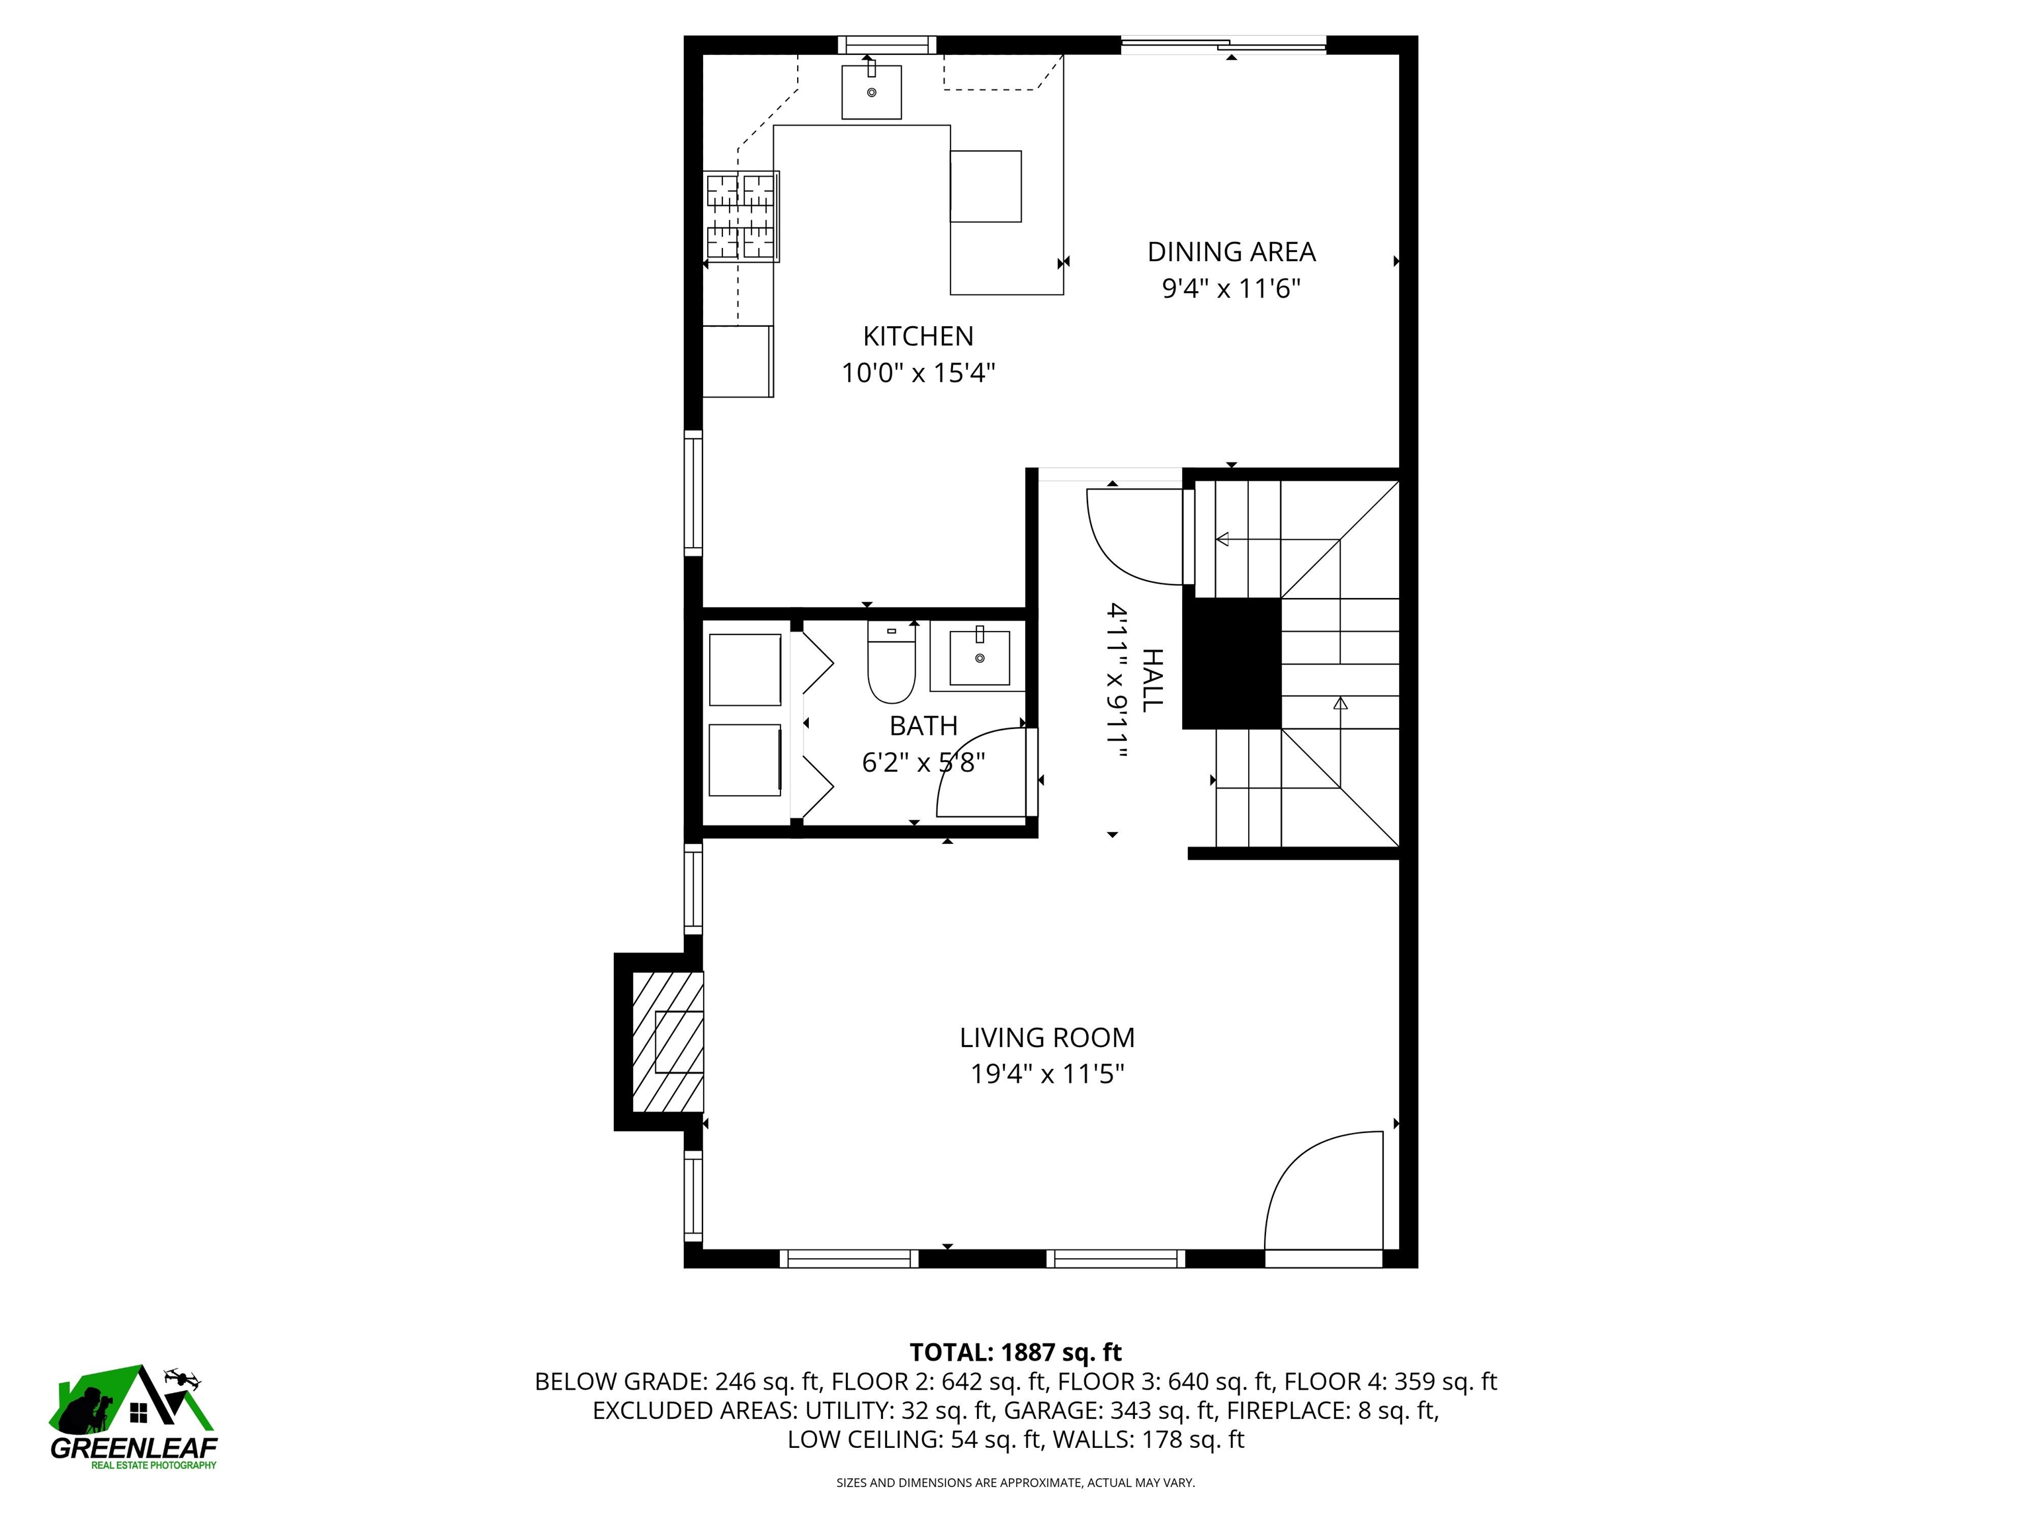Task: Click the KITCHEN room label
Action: [917, 336]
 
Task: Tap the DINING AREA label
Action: [1231, 252]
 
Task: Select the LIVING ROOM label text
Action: [1047, 1038]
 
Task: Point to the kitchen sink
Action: [872, 92]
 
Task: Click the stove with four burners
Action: [742, 217]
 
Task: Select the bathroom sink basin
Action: [979, 657]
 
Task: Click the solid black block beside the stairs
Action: [1231, 663]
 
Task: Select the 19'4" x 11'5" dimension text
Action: [1047, 1074]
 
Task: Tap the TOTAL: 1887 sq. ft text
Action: [1015, 1352]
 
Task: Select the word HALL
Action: [1152, 680]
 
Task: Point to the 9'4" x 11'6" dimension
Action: [1231, 288]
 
